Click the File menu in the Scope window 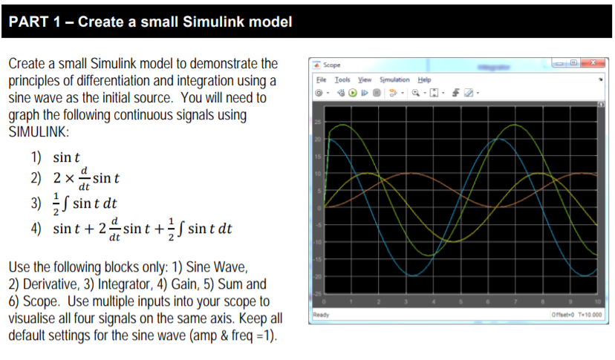pos(320,79)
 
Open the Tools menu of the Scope pos(342,79)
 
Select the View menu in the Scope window pos(365,79)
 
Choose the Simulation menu pos(394,79)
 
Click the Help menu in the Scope pos(424,79)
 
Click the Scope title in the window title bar pos(332,65)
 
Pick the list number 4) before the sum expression pos(36,228)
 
